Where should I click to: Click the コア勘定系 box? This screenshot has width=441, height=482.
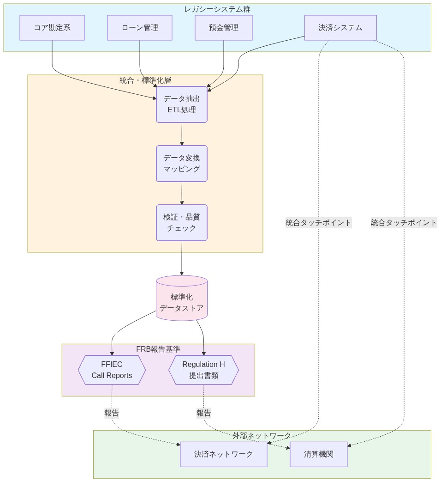(x=52, y=28)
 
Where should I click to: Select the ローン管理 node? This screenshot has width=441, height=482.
(x=140, y=28)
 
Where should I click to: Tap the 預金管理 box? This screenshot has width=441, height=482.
(x=224, y=28)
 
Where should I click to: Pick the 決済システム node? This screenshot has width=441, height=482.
(x=340, y=28)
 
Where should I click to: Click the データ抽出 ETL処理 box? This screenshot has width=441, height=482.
(x=182, y=104)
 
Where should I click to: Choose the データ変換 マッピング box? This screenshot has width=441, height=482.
(x=182, y=164)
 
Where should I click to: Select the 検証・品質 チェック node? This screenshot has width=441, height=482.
(x=182, y=223)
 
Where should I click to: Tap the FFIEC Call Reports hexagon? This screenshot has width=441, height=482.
(x=112, y=370)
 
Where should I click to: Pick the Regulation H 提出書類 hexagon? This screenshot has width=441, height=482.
(x=203, y=370)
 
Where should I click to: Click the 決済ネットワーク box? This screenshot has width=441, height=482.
(x=224, y=454)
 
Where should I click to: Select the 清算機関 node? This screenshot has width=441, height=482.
(x=319, y=454)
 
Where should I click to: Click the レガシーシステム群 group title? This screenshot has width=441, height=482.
(x=217, y=9)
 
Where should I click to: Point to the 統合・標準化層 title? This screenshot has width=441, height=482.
(x=145, y=80)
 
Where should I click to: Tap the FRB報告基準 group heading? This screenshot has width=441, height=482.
(x=158, y=349)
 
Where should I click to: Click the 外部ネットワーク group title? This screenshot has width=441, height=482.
(x=262, y=436)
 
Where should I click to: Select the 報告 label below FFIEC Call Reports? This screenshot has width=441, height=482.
(x=112, y=413)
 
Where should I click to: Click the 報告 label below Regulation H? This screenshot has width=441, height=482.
(x=204, y=413)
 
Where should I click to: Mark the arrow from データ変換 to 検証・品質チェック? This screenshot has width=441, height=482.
(x=182, y=193)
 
